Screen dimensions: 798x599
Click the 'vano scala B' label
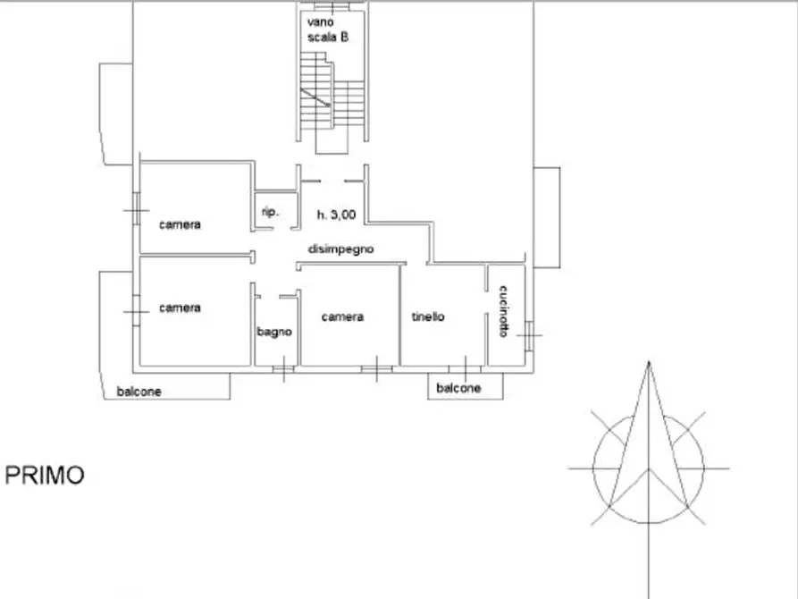(328, 30)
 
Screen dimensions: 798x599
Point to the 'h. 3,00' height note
(336, 215)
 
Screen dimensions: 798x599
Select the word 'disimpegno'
(341, 249)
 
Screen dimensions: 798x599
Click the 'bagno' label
(274, 332)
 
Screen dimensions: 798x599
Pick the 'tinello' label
(428, 316)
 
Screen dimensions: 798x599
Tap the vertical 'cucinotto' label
(503, 311)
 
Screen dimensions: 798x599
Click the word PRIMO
(45, 476)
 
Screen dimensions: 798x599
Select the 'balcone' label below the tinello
(458, 388)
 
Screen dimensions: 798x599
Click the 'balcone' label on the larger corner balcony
(139, 392)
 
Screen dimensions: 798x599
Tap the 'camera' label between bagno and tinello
(342, 316)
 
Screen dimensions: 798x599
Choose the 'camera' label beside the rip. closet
(180, 224)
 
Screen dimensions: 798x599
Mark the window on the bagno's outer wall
(283, 368)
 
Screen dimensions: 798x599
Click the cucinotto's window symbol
(529, 335)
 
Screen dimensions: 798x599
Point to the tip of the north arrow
(649, 362)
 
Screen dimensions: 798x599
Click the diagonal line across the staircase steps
(315, 97)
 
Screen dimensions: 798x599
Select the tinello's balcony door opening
(466, 368)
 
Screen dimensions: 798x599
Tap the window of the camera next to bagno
(376, 368)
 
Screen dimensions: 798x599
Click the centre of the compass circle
(649, 468)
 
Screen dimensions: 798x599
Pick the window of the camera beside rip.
(137, 209)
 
